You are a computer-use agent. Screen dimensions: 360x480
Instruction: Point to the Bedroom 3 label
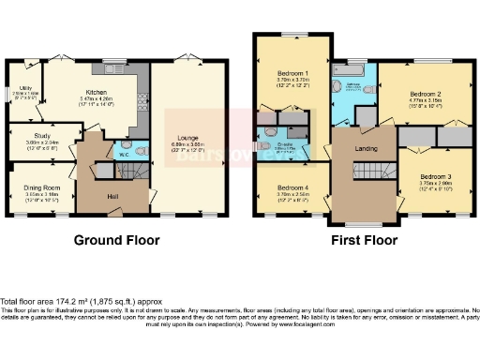pos(434,177)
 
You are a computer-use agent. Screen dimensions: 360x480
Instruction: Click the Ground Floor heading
pos(116,240)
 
